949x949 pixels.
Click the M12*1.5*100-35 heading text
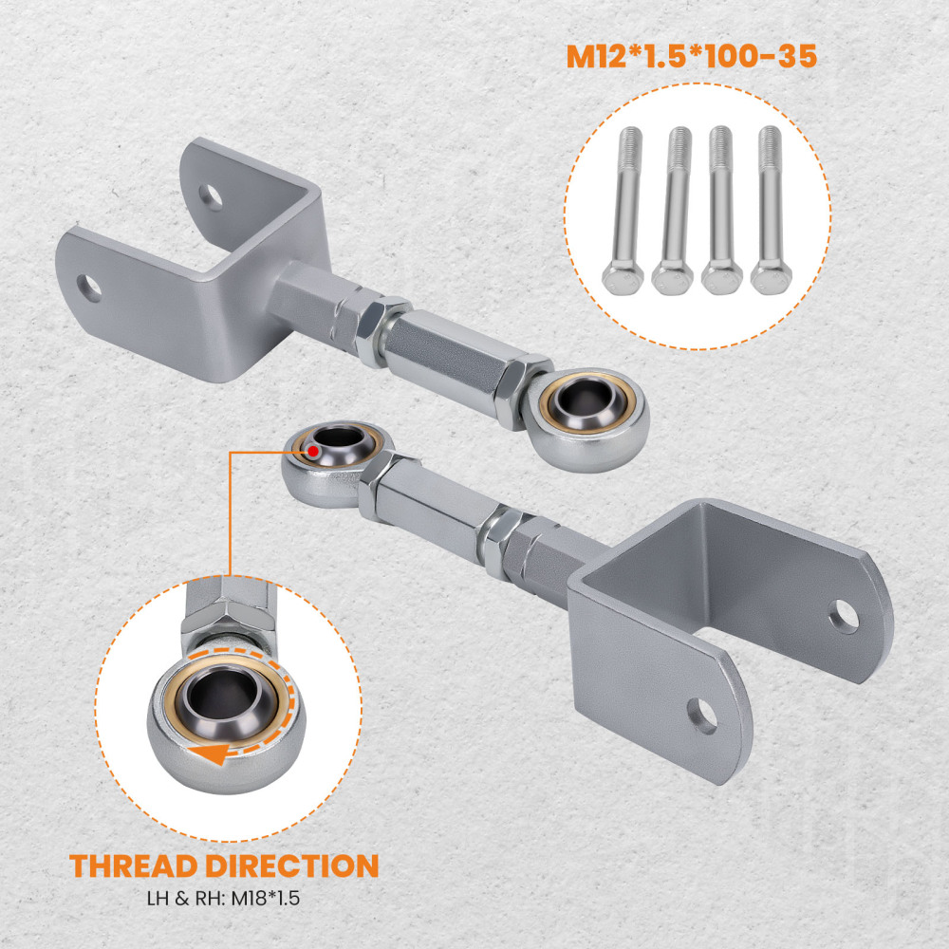[691, 56]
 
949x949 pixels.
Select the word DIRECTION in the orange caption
[292, 865]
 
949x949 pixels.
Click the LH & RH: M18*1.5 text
[223, 898]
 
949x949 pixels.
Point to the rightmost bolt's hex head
[771, 278]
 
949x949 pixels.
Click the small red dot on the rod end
[313, 451]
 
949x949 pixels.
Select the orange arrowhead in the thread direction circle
[208, 754]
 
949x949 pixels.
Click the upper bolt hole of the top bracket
[210, 197]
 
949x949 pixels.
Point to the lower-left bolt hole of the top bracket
[89, 288]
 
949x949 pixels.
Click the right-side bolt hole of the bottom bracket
[843, 616]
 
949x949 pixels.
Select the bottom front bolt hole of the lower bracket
[702, 716]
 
